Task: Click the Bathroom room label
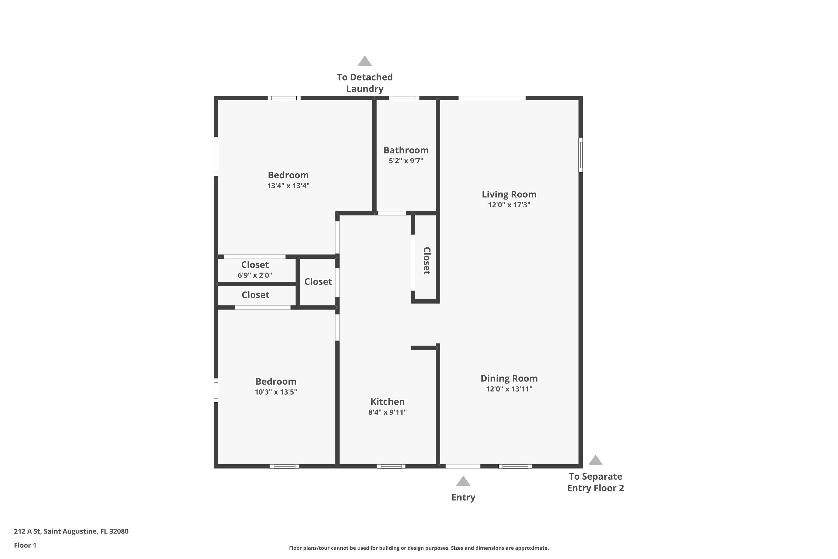406,150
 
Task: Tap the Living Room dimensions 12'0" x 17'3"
509,205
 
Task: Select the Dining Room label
509,378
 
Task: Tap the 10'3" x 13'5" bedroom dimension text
276,392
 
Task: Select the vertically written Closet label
427,260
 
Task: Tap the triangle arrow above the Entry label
463,481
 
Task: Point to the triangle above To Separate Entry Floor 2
595,461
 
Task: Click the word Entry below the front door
463,497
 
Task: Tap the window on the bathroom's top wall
404,98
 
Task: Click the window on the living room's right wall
580,155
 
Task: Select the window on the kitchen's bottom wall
391,466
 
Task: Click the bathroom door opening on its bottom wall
392,213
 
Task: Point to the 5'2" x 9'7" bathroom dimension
406,161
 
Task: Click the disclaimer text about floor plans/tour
419,548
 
